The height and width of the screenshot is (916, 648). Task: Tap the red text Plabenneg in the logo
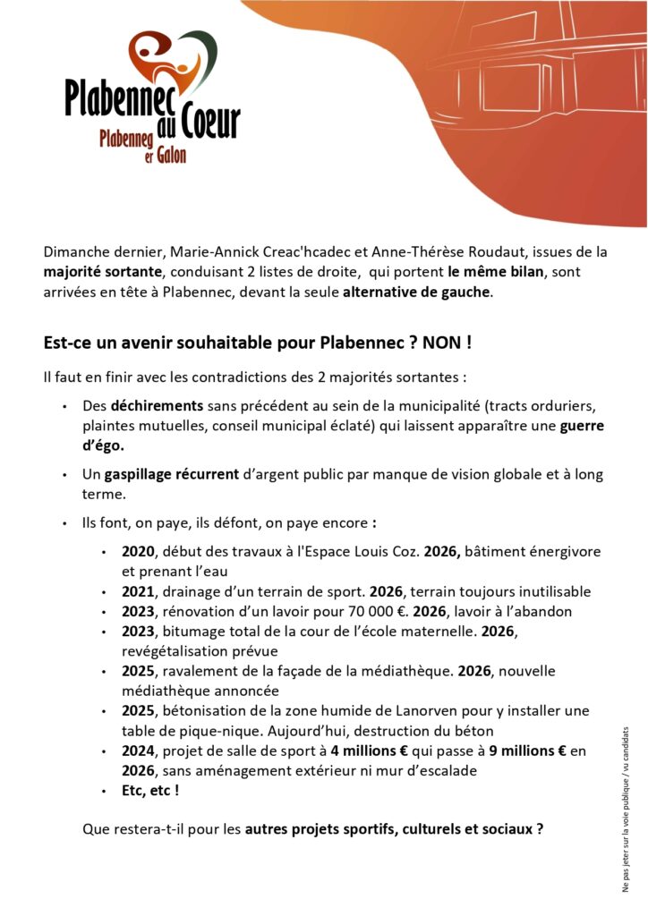(127, 139)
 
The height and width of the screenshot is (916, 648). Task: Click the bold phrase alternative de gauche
(417, 292)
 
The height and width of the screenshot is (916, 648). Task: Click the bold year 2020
(139, 552)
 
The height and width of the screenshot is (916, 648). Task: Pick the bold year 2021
(139, 591)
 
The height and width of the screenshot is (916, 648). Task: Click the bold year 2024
(139, 751)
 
